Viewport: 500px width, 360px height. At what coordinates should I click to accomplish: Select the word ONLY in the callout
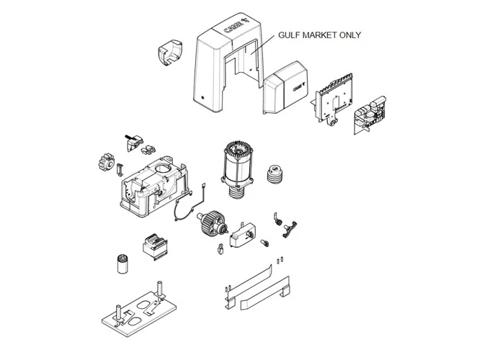tap(350, 35)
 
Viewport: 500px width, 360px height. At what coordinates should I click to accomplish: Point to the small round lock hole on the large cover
tap(202, 98)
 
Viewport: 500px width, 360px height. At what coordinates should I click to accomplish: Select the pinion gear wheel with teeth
tap(106, 163)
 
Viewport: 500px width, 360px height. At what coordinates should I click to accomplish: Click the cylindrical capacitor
tap(122, 264)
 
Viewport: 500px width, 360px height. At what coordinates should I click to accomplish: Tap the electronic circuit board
tap(370, 114)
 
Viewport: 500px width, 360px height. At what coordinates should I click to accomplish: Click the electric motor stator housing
tap(238, 169)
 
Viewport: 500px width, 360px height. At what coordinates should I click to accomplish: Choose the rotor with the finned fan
tap(212, 224)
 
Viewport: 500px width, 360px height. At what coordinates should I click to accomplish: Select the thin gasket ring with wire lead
tap(189, 204)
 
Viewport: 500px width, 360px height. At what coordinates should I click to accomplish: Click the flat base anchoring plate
tap(139, 315)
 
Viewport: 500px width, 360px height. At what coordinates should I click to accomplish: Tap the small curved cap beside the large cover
tap(170, 53)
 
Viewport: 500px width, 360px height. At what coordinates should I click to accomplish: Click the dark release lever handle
tap(289, 229)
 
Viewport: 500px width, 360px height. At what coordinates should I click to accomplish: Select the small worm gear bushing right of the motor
tap(274, 175)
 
